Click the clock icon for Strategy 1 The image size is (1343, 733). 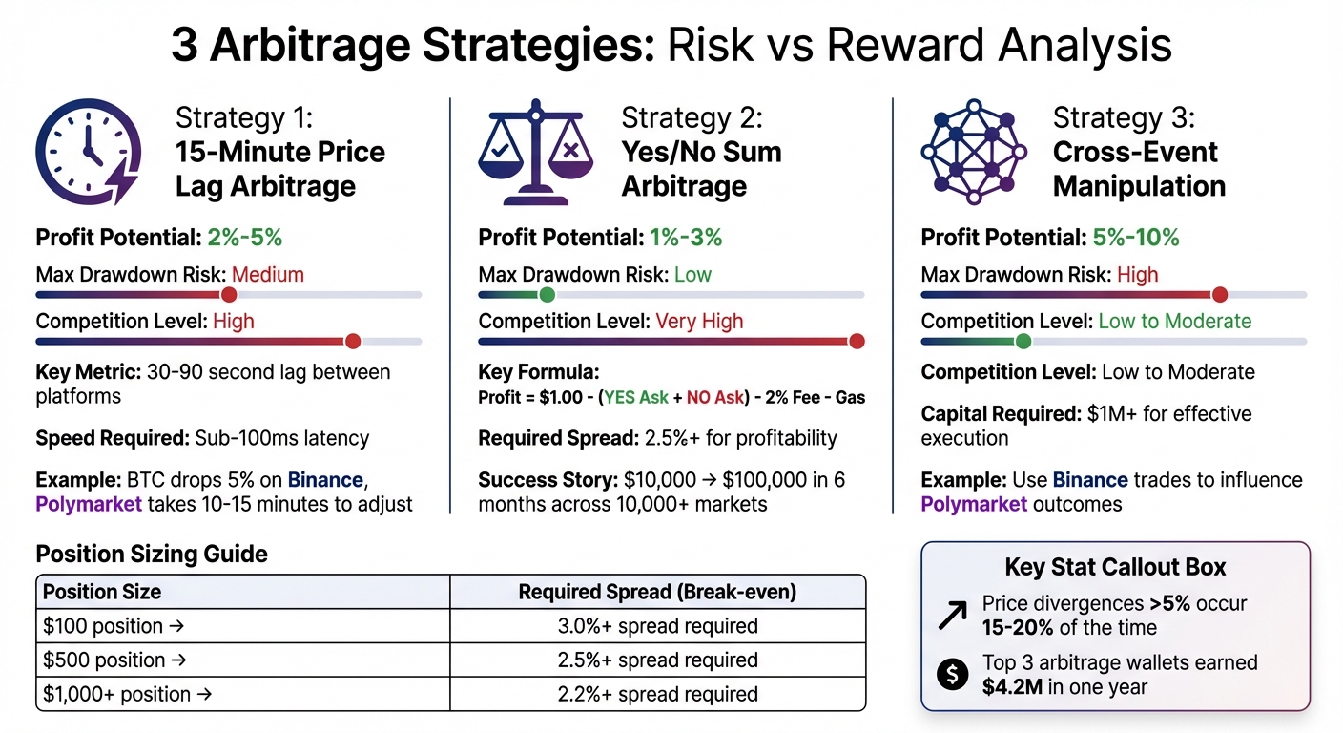(x=87, y=153)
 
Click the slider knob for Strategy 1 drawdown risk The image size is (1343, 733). (x=228, y=294)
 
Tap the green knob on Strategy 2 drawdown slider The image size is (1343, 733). (x=547, y=294)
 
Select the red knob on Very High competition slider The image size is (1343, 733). (x=856, y=341)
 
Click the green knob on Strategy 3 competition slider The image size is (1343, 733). (x=1023, y=341)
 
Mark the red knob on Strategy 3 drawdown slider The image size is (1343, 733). (x=1218, y=294)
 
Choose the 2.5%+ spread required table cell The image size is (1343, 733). (x=657, y=660)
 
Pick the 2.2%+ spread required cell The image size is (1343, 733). (x=657, y=694)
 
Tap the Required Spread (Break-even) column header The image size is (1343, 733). (x=657, y=592)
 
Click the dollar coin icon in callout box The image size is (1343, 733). (x=952, y=674)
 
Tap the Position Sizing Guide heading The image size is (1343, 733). (x=152, y=554)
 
